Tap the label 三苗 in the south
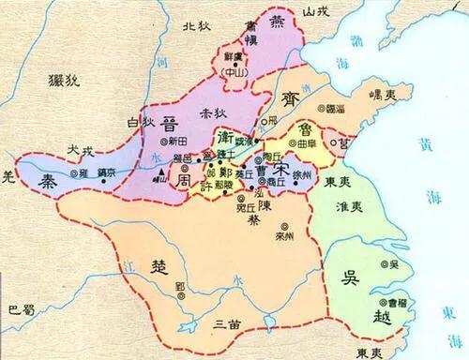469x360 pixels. [226, 323]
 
